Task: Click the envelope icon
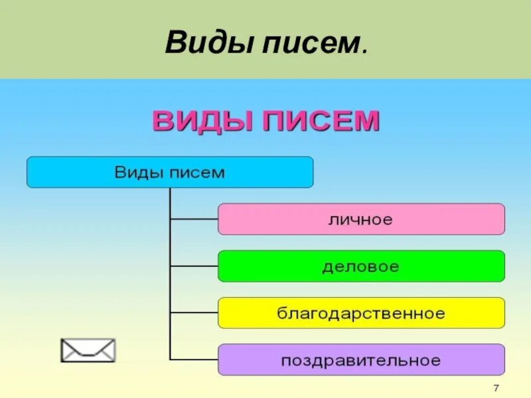(88, 350)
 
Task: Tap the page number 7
(496, 387)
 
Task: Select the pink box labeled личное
(361, 219)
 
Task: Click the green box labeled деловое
(361, 266)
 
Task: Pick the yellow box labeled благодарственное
(361, 313)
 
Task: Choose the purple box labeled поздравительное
(361, 360)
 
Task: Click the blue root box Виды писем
(169, 172)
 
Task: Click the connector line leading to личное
(194, 219)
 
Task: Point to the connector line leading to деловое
(194, 266)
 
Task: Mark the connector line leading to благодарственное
(194, 313)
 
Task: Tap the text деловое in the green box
(360, 267)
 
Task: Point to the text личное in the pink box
(360, 220)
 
